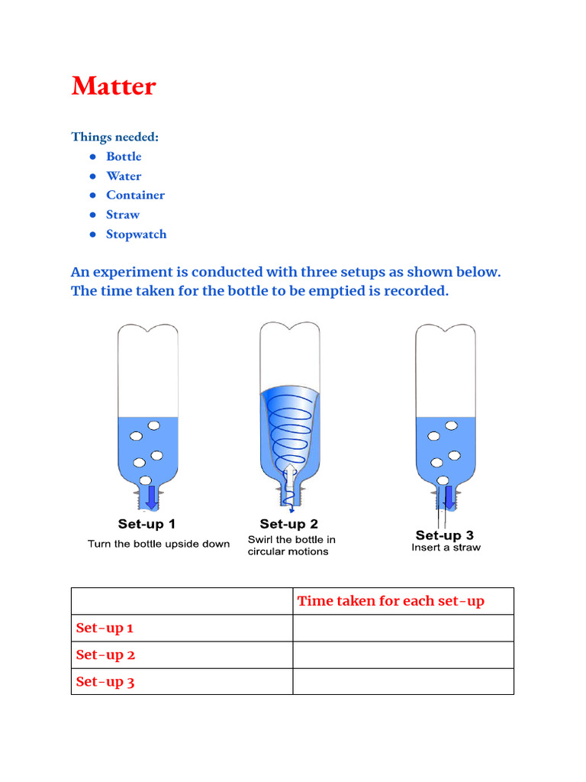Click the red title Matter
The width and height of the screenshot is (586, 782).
(x=114, y=86)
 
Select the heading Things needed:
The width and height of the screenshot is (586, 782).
(x=115, y=137)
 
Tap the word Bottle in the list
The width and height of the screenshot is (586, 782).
(x=124, y=157)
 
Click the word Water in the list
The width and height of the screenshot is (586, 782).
(x=124, y=176)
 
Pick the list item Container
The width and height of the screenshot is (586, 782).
(x=135, y=195)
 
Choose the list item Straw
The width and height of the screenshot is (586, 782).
(x=123, y=215)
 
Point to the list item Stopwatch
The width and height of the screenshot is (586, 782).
(x=136, y=234)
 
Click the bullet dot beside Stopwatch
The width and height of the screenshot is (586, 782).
(x=92, y=234)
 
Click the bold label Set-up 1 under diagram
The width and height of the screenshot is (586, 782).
(x=146, y=525)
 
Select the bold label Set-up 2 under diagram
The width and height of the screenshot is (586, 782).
(x=288, y=525)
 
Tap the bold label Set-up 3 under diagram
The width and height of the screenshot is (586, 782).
(x=444, y=535)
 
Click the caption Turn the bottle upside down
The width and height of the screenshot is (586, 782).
(x=159, y=544)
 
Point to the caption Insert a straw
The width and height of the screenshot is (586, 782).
(x=446, y=548)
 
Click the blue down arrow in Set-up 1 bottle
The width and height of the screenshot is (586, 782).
(x=151, y=496)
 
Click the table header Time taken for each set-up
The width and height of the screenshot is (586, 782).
(x=391, y=601)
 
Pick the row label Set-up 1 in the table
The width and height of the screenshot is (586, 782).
(x=105, y=629)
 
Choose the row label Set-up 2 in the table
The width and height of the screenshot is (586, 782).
(x=105, y=655)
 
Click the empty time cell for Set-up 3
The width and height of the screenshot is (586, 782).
(x=403, y=681)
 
